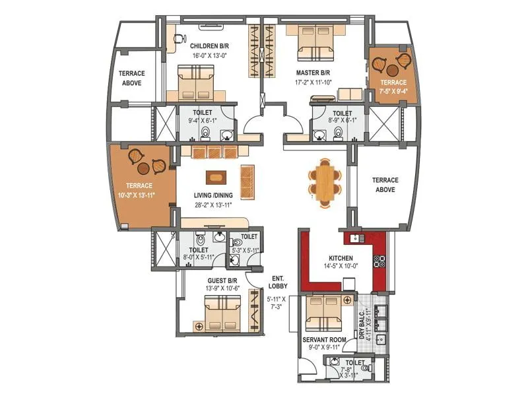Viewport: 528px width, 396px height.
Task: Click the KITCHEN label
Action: click(x=341, y=257)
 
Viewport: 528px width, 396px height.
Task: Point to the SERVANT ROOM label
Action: click(x=325, y=340)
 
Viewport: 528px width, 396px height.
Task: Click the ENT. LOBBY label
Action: click(x=277, y=282)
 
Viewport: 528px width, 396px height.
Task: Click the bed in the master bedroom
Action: click(x=315, y=41)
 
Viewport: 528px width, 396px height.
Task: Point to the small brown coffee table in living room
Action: click(x=215, y=177)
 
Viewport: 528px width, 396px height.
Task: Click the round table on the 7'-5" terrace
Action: click(x=392, y=69)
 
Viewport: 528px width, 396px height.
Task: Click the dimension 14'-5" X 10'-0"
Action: click(x=341, y=267)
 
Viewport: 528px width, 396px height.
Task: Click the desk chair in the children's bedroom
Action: click(x=178, y=38)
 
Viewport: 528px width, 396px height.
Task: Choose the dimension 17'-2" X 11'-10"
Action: click(x=313, y=82)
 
